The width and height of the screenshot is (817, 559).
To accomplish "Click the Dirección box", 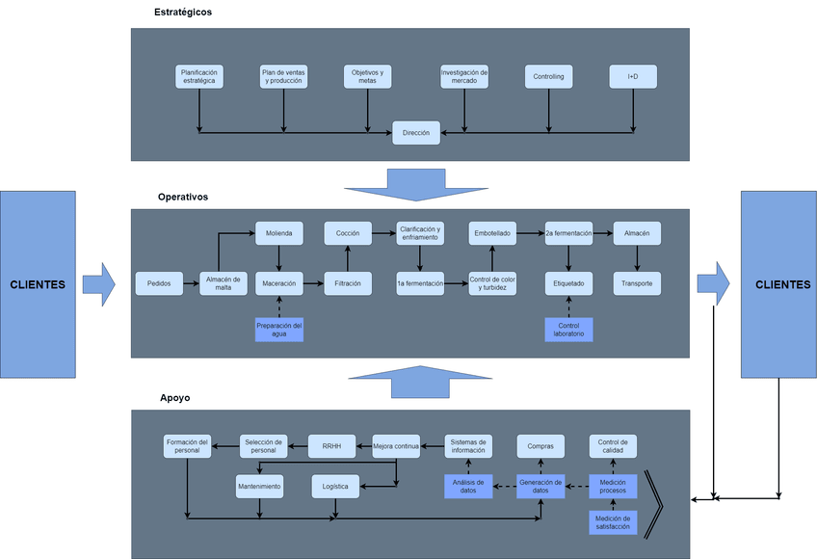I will tap(416, 133).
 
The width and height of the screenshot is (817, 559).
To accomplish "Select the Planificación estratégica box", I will tap(200, 76).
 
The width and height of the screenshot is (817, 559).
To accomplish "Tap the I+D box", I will tap(633, 76).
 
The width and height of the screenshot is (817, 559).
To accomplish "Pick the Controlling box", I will tap(548, 76).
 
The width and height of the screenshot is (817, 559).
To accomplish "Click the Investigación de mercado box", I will tap(464, 76).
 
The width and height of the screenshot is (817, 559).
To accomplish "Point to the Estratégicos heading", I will tap(183, 13).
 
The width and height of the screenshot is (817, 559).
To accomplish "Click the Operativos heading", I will tap(183, 197).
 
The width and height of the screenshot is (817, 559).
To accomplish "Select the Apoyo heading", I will tap(174, 397).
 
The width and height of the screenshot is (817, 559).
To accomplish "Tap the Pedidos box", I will tap(159, 283).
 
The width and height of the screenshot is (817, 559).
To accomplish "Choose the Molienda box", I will tap(279, 232).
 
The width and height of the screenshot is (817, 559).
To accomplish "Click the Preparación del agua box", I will tap(279, 330).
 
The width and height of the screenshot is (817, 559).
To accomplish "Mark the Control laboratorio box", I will tap(568, 330).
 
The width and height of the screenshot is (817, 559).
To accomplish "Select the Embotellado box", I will tap(492, 232).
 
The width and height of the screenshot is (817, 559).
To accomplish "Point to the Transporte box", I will tap(637, 283).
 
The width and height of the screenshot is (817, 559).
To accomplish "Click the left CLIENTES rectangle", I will tap(38, 284).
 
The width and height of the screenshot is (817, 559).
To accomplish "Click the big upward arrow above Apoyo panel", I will tap(414, 381).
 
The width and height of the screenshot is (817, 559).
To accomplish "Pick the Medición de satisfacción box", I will tap(613, 522).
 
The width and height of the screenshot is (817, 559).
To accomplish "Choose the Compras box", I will tap(540, 445).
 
